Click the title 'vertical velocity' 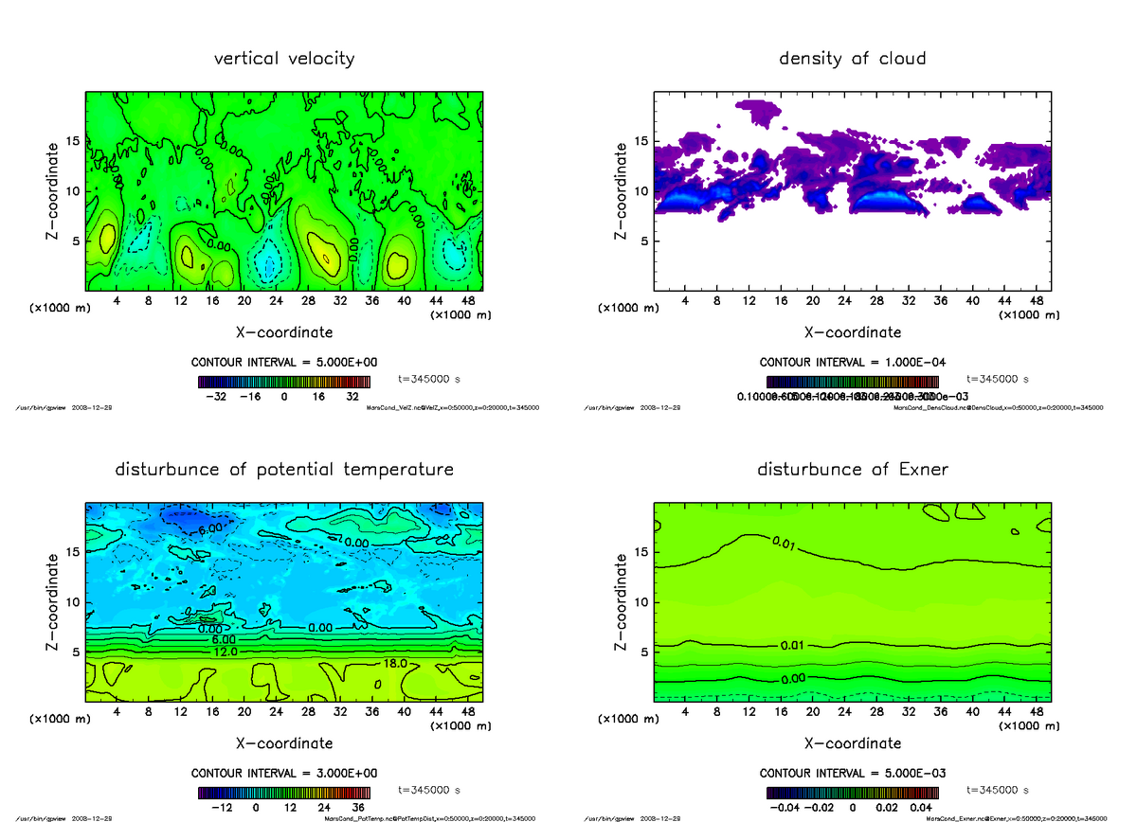284,59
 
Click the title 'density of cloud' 852,59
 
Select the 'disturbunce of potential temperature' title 284,470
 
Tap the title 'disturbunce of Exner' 852,470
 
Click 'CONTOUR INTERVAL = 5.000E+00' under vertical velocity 284,363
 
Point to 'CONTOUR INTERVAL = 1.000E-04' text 853,363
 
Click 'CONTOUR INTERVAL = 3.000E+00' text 284,774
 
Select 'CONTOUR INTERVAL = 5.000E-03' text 853,774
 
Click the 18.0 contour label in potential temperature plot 397,665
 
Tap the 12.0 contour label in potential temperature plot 224,652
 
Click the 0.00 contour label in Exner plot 794,679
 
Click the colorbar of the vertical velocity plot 284,382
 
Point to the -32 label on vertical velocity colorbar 221,397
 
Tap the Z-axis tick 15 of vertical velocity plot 73,142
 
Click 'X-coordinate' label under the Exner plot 852,743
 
